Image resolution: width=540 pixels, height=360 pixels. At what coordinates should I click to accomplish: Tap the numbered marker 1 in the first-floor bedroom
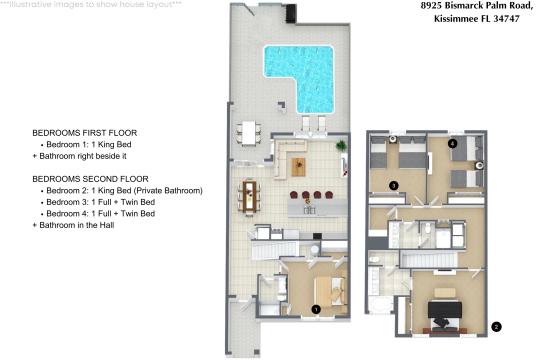[316, 309]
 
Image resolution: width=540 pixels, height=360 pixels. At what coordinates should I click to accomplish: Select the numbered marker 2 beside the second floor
[497, 326]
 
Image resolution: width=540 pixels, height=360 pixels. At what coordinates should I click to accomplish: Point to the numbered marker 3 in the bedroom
[394, 185]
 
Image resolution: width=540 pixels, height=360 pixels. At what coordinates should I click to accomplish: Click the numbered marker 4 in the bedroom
[453, 144]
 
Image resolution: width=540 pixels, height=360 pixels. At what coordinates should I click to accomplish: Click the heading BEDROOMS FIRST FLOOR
[84, 133]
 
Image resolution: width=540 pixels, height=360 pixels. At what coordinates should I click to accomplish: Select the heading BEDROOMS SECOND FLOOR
[90, 178]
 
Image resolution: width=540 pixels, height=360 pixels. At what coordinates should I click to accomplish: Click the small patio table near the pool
[247, 131]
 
